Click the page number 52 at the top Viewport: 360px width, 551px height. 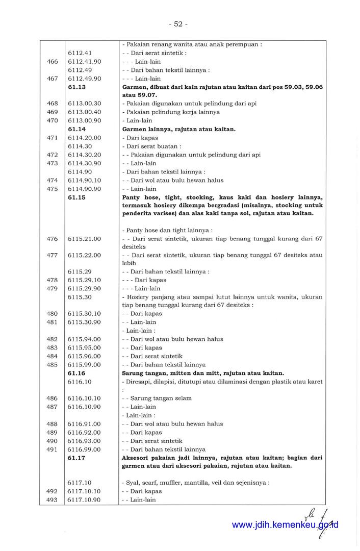[180, 23]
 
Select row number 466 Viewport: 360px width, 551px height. [52, 62]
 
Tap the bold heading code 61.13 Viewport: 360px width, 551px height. [76, 87]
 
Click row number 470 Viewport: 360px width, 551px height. [52, 120]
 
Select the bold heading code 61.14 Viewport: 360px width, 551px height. [76, 129]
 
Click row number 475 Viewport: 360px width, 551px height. [52, 188]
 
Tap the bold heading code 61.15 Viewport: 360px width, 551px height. [76, 197]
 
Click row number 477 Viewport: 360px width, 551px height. [52, 255]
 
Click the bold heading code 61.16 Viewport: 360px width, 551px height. [76, 373]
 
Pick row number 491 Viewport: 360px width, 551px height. [52, 449]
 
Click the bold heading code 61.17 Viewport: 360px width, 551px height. [76, 458]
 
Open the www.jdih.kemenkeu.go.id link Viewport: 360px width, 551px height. [285, 524]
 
